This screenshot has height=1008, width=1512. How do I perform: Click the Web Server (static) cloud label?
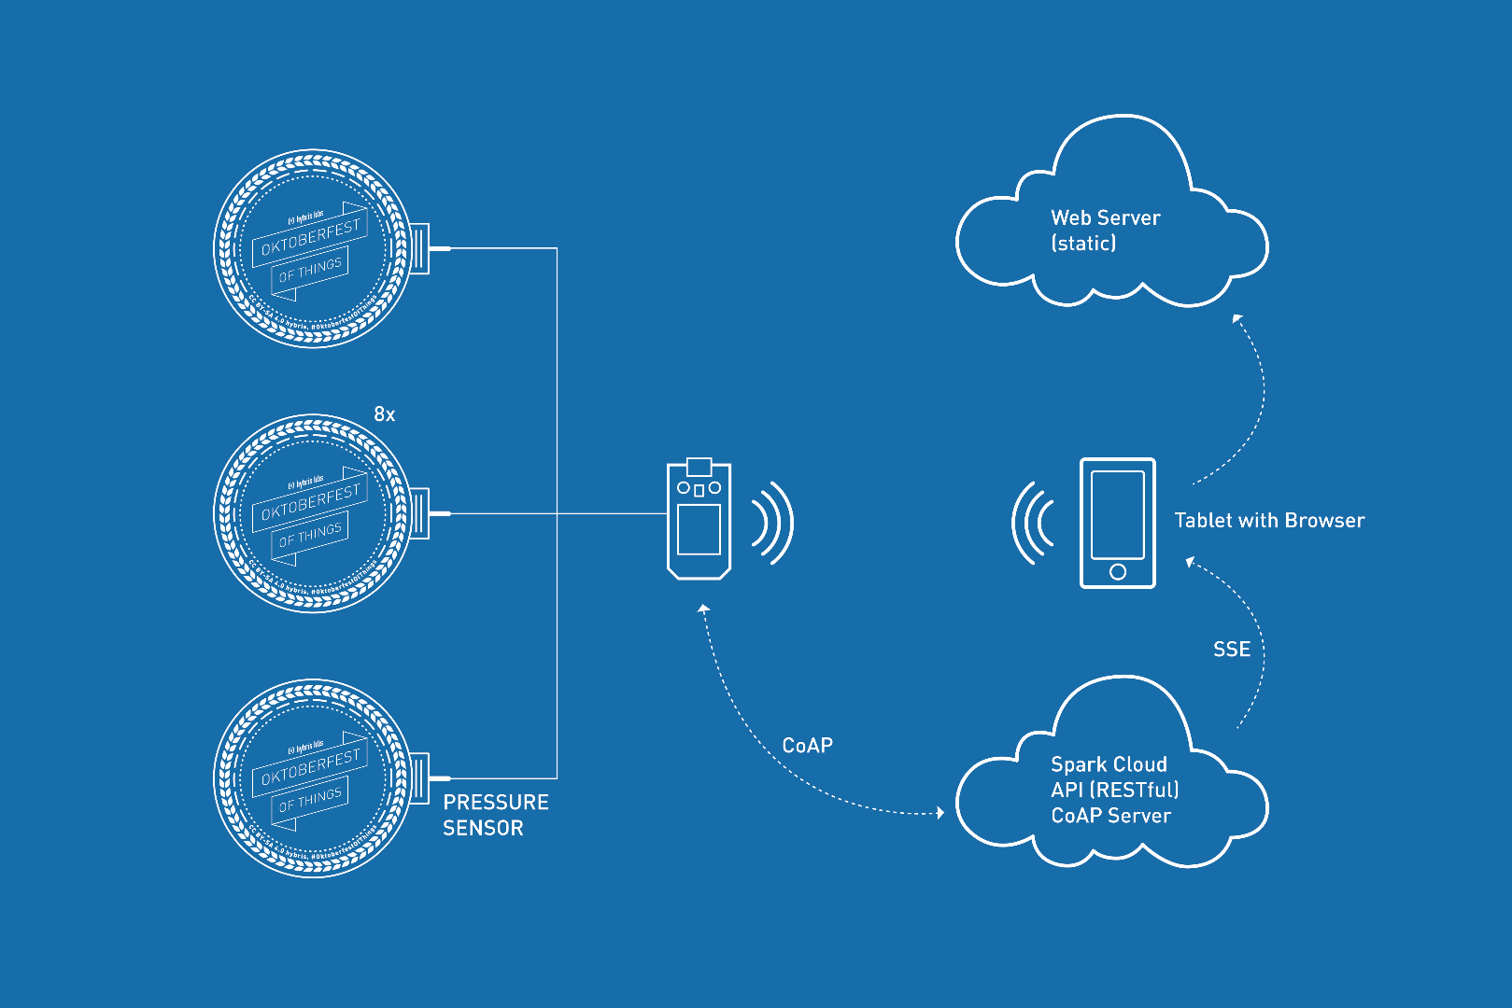pos(1105,231)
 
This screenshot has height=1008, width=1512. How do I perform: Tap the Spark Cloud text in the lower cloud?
pos(1109,764)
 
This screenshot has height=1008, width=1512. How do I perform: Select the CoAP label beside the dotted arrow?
pos(807,746)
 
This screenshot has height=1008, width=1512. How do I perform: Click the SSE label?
pos(1231,650)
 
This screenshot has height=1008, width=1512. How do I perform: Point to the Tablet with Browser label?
pos(1268,521)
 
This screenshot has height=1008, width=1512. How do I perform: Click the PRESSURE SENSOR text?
pos(495,815)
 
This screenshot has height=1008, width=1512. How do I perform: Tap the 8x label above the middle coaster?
pos(384,414)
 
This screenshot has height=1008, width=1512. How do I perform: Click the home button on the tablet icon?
pos(1117,572)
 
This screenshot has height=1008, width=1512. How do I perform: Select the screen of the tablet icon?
pos(1117,514)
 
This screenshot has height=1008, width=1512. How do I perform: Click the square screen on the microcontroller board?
pos(699,529)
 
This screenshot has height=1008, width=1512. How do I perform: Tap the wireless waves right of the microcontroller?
pos(772,523)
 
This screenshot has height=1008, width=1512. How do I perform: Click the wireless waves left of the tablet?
pos(1033,523)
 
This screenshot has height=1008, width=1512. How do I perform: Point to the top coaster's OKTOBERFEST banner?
pos(310,237)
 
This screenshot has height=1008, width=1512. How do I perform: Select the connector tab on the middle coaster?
pos(419,513)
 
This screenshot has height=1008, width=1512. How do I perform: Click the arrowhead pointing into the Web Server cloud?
pos(1236,319)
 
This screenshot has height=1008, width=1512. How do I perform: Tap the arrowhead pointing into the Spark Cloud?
pos(940,813)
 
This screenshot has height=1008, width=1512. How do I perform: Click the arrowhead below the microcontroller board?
pos(704,609)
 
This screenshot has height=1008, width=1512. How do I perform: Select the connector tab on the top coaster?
pos(419,248)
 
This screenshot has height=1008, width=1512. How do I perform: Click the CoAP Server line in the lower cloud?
pos(1110,816)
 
